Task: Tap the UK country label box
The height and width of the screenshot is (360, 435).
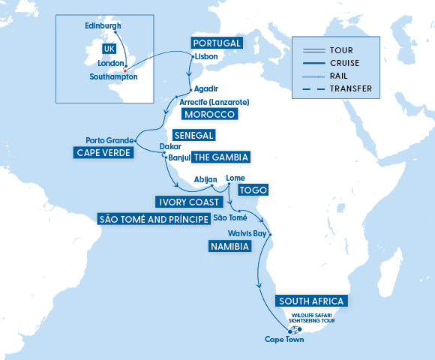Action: pos(109,48)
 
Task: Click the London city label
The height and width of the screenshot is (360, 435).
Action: pos(110,64)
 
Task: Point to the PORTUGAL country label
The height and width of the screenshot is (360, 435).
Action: pos(216,43)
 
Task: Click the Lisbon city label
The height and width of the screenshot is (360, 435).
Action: pos(205,56)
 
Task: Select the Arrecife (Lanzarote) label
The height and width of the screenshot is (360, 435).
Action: pos(214,102)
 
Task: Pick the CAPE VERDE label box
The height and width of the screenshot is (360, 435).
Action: pos(103,152)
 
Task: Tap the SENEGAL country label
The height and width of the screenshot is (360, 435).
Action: pos(194,135)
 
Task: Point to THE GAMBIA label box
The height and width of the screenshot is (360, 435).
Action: pos(220,157)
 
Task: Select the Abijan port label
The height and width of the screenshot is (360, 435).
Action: pos(205,180)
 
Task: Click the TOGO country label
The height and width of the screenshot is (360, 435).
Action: pos(253,190)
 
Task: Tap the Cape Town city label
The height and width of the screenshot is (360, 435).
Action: pos(284,340)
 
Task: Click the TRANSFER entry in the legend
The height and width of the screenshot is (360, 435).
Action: pos(350,88)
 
